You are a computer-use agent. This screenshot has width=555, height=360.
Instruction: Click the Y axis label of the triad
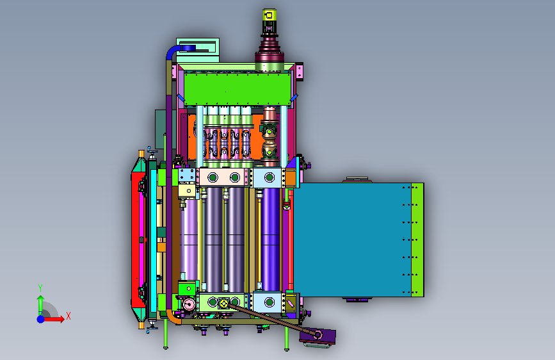point(40,288)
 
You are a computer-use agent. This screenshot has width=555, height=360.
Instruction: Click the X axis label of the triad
point(68,316)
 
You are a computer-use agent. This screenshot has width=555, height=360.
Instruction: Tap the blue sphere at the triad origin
point(41,319)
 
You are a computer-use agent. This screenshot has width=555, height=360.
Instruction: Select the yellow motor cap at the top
point(269,15)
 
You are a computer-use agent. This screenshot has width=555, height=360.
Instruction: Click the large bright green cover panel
point(237,89)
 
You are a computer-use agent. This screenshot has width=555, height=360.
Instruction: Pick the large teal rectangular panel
point(352,240)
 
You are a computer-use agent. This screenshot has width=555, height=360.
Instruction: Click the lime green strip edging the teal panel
point(417,240)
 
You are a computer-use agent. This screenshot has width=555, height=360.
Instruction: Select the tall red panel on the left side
point(138,240)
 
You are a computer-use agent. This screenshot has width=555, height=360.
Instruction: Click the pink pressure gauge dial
point(189,304)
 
